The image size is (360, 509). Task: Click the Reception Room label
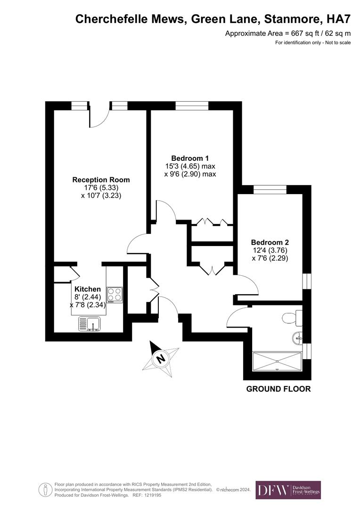pos(101,180)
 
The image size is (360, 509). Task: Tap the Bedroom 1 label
pos(190,158)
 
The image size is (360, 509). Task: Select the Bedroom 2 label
pos(270,242)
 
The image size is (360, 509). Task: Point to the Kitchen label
pos(87,289)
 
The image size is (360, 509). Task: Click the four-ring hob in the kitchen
pos(115,295)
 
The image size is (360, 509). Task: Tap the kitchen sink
pos(89,324)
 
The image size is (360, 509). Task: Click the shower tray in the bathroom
pos(277,361)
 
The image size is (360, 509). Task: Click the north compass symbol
pos(160,358)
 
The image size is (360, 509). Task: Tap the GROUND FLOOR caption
pos(279,389)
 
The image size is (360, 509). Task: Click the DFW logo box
pos(288,490)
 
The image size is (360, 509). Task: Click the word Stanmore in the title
pos(290,19)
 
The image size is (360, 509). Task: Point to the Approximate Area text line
pos(288,33)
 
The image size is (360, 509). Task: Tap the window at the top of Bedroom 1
pos(192,106)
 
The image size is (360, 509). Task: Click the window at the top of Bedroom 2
pos(270,189)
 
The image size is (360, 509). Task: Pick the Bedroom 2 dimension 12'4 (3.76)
pos(270,250)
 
